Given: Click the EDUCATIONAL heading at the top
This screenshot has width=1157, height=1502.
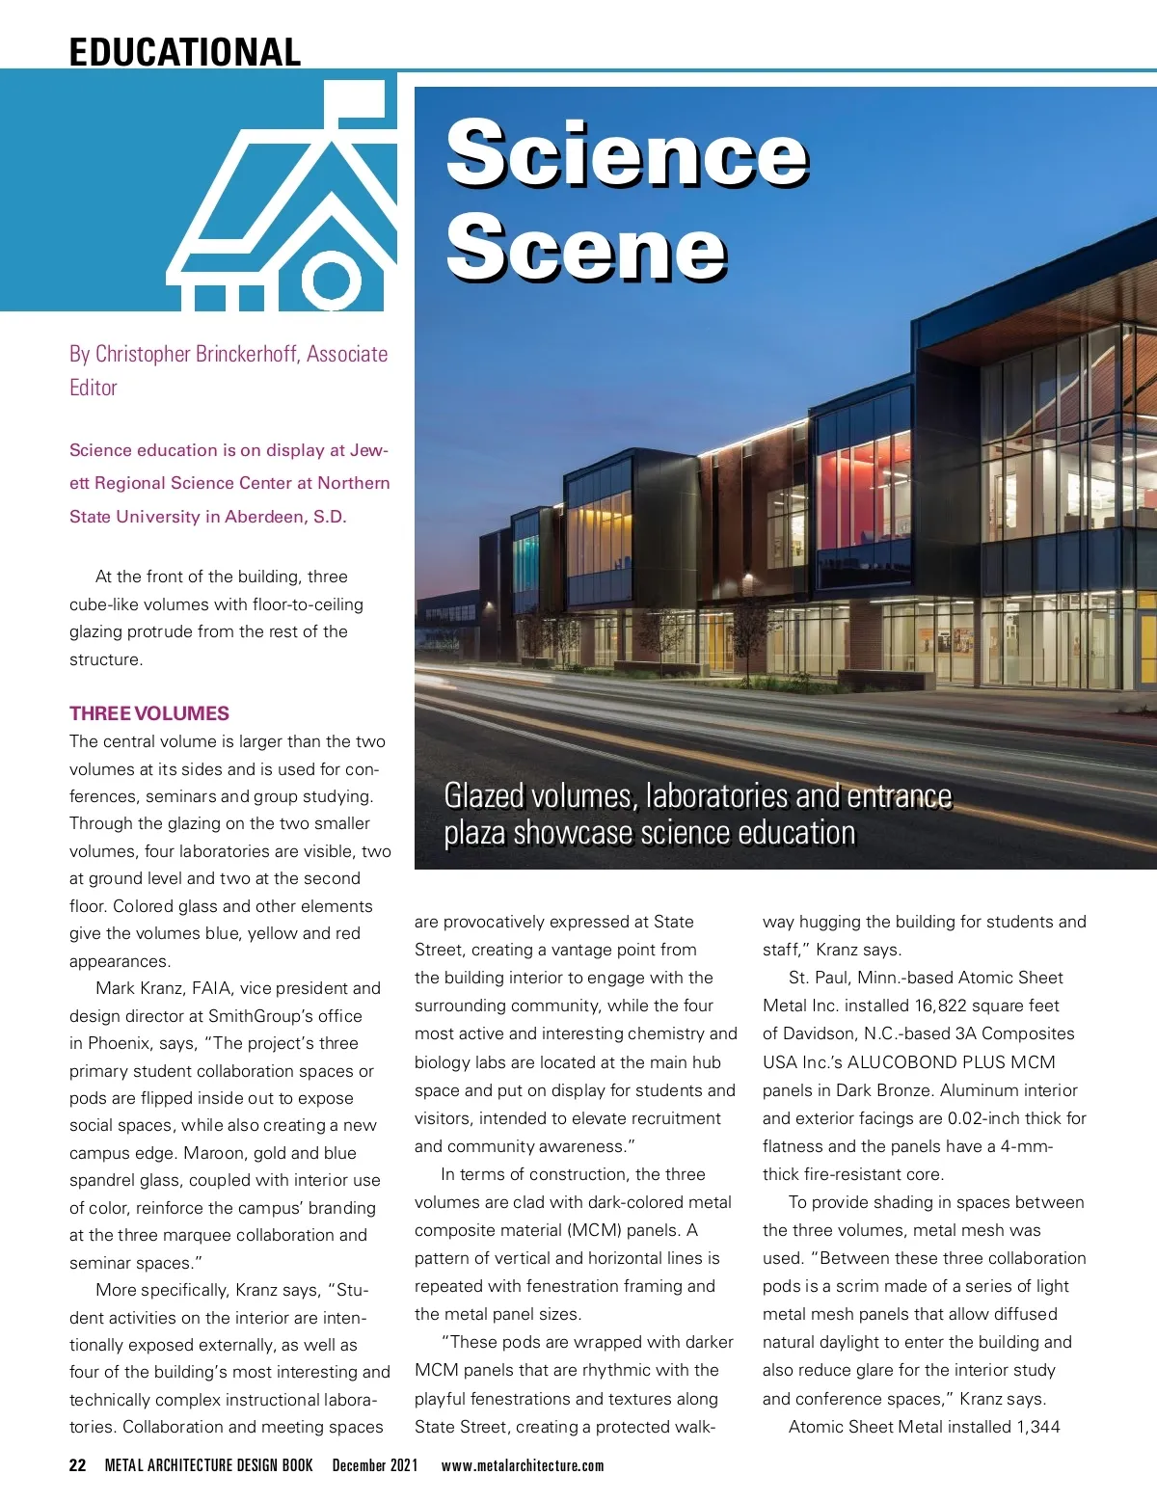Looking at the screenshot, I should pyautogui.click(x=184, y=51).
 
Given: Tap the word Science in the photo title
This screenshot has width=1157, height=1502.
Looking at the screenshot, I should pyautogui.click(x=627, y=154).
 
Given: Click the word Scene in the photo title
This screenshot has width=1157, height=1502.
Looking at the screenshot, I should pyautogui.click(x=586, y=249).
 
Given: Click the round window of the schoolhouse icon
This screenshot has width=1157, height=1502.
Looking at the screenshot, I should pyautogui.click(x=331, y=281).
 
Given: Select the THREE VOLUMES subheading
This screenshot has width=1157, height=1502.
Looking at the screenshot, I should pyautogui.click(x=149, y=713).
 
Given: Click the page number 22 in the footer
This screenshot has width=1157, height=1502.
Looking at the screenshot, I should pyautogui.click(x=78, y=1465).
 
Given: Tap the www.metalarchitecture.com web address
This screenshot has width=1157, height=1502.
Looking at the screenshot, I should pyautogui.click(x=523, y=1465).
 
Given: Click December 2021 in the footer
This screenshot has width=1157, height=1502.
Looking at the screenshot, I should pyautogui.click(x=375, y=1465).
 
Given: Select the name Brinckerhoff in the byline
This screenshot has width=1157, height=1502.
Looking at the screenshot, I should pyautogui.click(x=246, y=354).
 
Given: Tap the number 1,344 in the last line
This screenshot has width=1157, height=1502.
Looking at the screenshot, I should pyautogui.click(x=1037, y=1426).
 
